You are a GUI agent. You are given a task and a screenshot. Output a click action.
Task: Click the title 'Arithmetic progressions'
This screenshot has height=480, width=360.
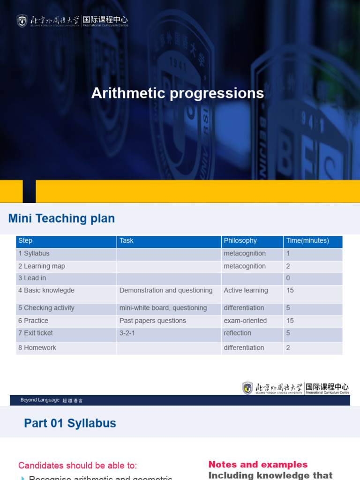(178, 93)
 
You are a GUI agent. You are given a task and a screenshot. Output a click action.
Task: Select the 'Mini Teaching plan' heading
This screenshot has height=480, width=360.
(61, 218)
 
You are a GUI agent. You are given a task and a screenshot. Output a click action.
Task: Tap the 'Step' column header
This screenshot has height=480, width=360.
(25, 241)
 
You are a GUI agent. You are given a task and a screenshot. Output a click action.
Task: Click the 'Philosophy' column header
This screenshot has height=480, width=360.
(240, 241)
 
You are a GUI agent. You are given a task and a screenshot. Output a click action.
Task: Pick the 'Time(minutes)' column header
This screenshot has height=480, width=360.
(307, 241)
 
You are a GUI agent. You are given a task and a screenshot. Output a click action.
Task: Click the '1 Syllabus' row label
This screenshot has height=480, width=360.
(34, 254)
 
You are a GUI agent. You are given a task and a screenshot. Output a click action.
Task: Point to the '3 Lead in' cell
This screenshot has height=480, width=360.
(32, 278)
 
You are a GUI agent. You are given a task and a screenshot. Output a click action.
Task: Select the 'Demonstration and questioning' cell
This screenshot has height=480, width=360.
(166, 291)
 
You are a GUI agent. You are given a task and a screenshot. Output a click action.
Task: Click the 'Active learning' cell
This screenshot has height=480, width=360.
(246, 291)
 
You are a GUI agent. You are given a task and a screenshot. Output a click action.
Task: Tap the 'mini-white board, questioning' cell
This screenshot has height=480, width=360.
(163, 308)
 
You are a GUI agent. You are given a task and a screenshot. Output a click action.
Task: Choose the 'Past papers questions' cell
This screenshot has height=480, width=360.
(153, 321)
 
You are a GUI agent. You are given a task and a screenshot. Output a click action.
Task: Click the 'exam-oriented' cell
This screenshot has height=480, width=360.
(245, 321)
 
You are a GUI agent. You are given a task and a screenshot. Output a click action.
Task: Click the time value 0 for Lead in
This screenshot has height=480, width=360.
(288, 278)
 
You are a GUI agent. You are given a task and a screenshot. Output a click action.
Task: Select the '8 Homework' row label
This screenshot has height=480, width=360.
(37, 348)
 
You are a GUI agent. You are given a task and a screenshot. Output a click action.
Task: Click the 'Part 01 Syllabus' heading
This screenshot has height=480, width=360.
(70, 423)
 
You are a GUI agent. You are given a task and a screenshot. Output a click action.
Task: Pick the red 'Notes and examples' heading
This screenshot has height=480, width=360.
(258, 465)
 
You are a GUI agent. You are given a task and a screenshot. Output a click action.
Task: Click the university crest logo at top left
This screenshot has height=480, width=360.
(22, 21)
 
